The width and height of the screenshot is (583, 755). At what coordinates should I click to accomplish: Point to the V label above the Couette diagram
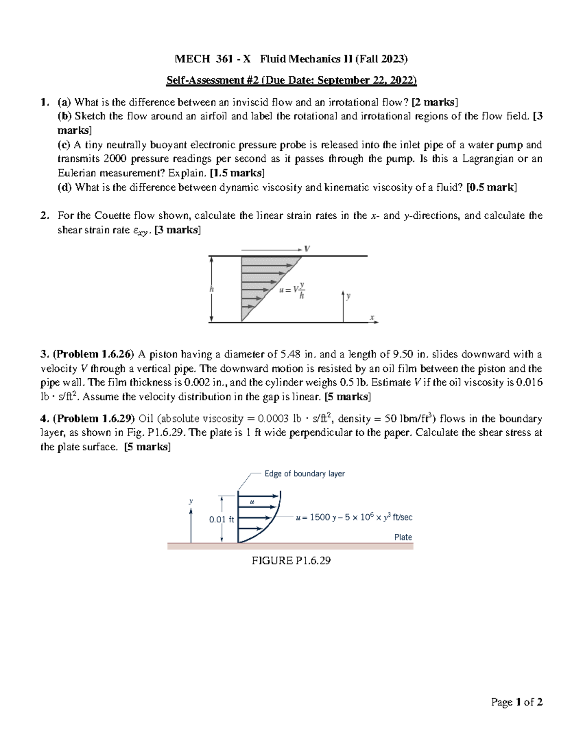pos(307,248)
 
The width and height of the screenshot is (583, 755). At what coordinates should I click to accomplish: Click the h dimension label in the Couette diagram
pos(211,289)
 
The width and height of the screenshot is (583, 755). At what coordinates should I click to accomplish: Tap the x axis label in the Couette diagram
pos(372,317)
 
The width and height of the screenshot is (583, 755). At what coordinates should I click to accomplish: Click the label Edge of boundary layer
pos(305,474)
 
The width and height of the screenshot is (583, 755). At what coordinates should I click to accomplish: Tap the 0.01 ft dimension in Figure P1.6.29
pos(222,519)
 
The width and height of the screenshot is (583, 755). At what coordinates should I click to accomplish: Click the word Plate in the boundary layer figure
pos(403,537)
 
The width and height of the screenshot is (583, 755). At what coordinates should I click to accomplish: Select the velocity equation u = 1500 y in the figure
pos(354,518)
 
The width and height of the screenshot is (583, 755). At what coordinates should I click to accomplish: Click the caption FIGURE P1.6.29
pos(291,561)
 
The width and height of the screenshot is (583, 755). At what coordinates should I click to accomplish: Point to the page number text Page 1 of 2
pos(517,702)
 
